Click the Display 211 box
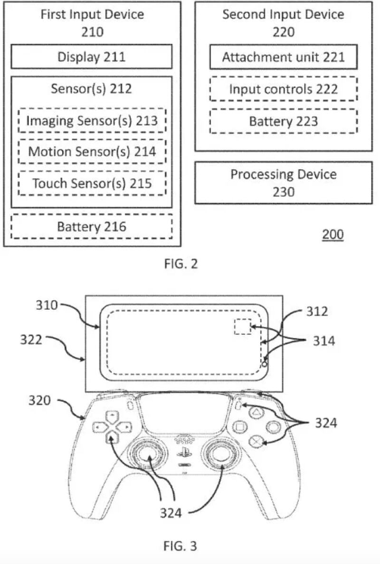tap(92, 57)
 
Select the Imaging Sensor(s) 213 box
tap(92, 120)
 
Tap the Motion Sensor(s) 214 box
tap(92, 152)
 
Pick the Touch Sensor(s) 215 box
tap(92, 183)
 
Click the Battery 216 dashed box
tap(92, 226)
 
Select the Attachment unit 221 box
tap(284, 57)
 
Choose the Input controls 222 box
tap(284, 89)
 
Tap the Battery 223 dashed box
tap(284, 121)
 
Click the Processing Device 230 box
tap(284, 183)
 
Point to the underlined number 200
tap(332, 234)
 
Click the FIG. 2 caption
tap(180, 264)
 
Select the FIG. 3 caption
tap(180, 546)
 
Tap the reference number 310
tap(47, 305)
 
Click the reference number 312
tap(317, 312)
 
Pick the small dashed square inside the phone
tap(243, 327)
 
